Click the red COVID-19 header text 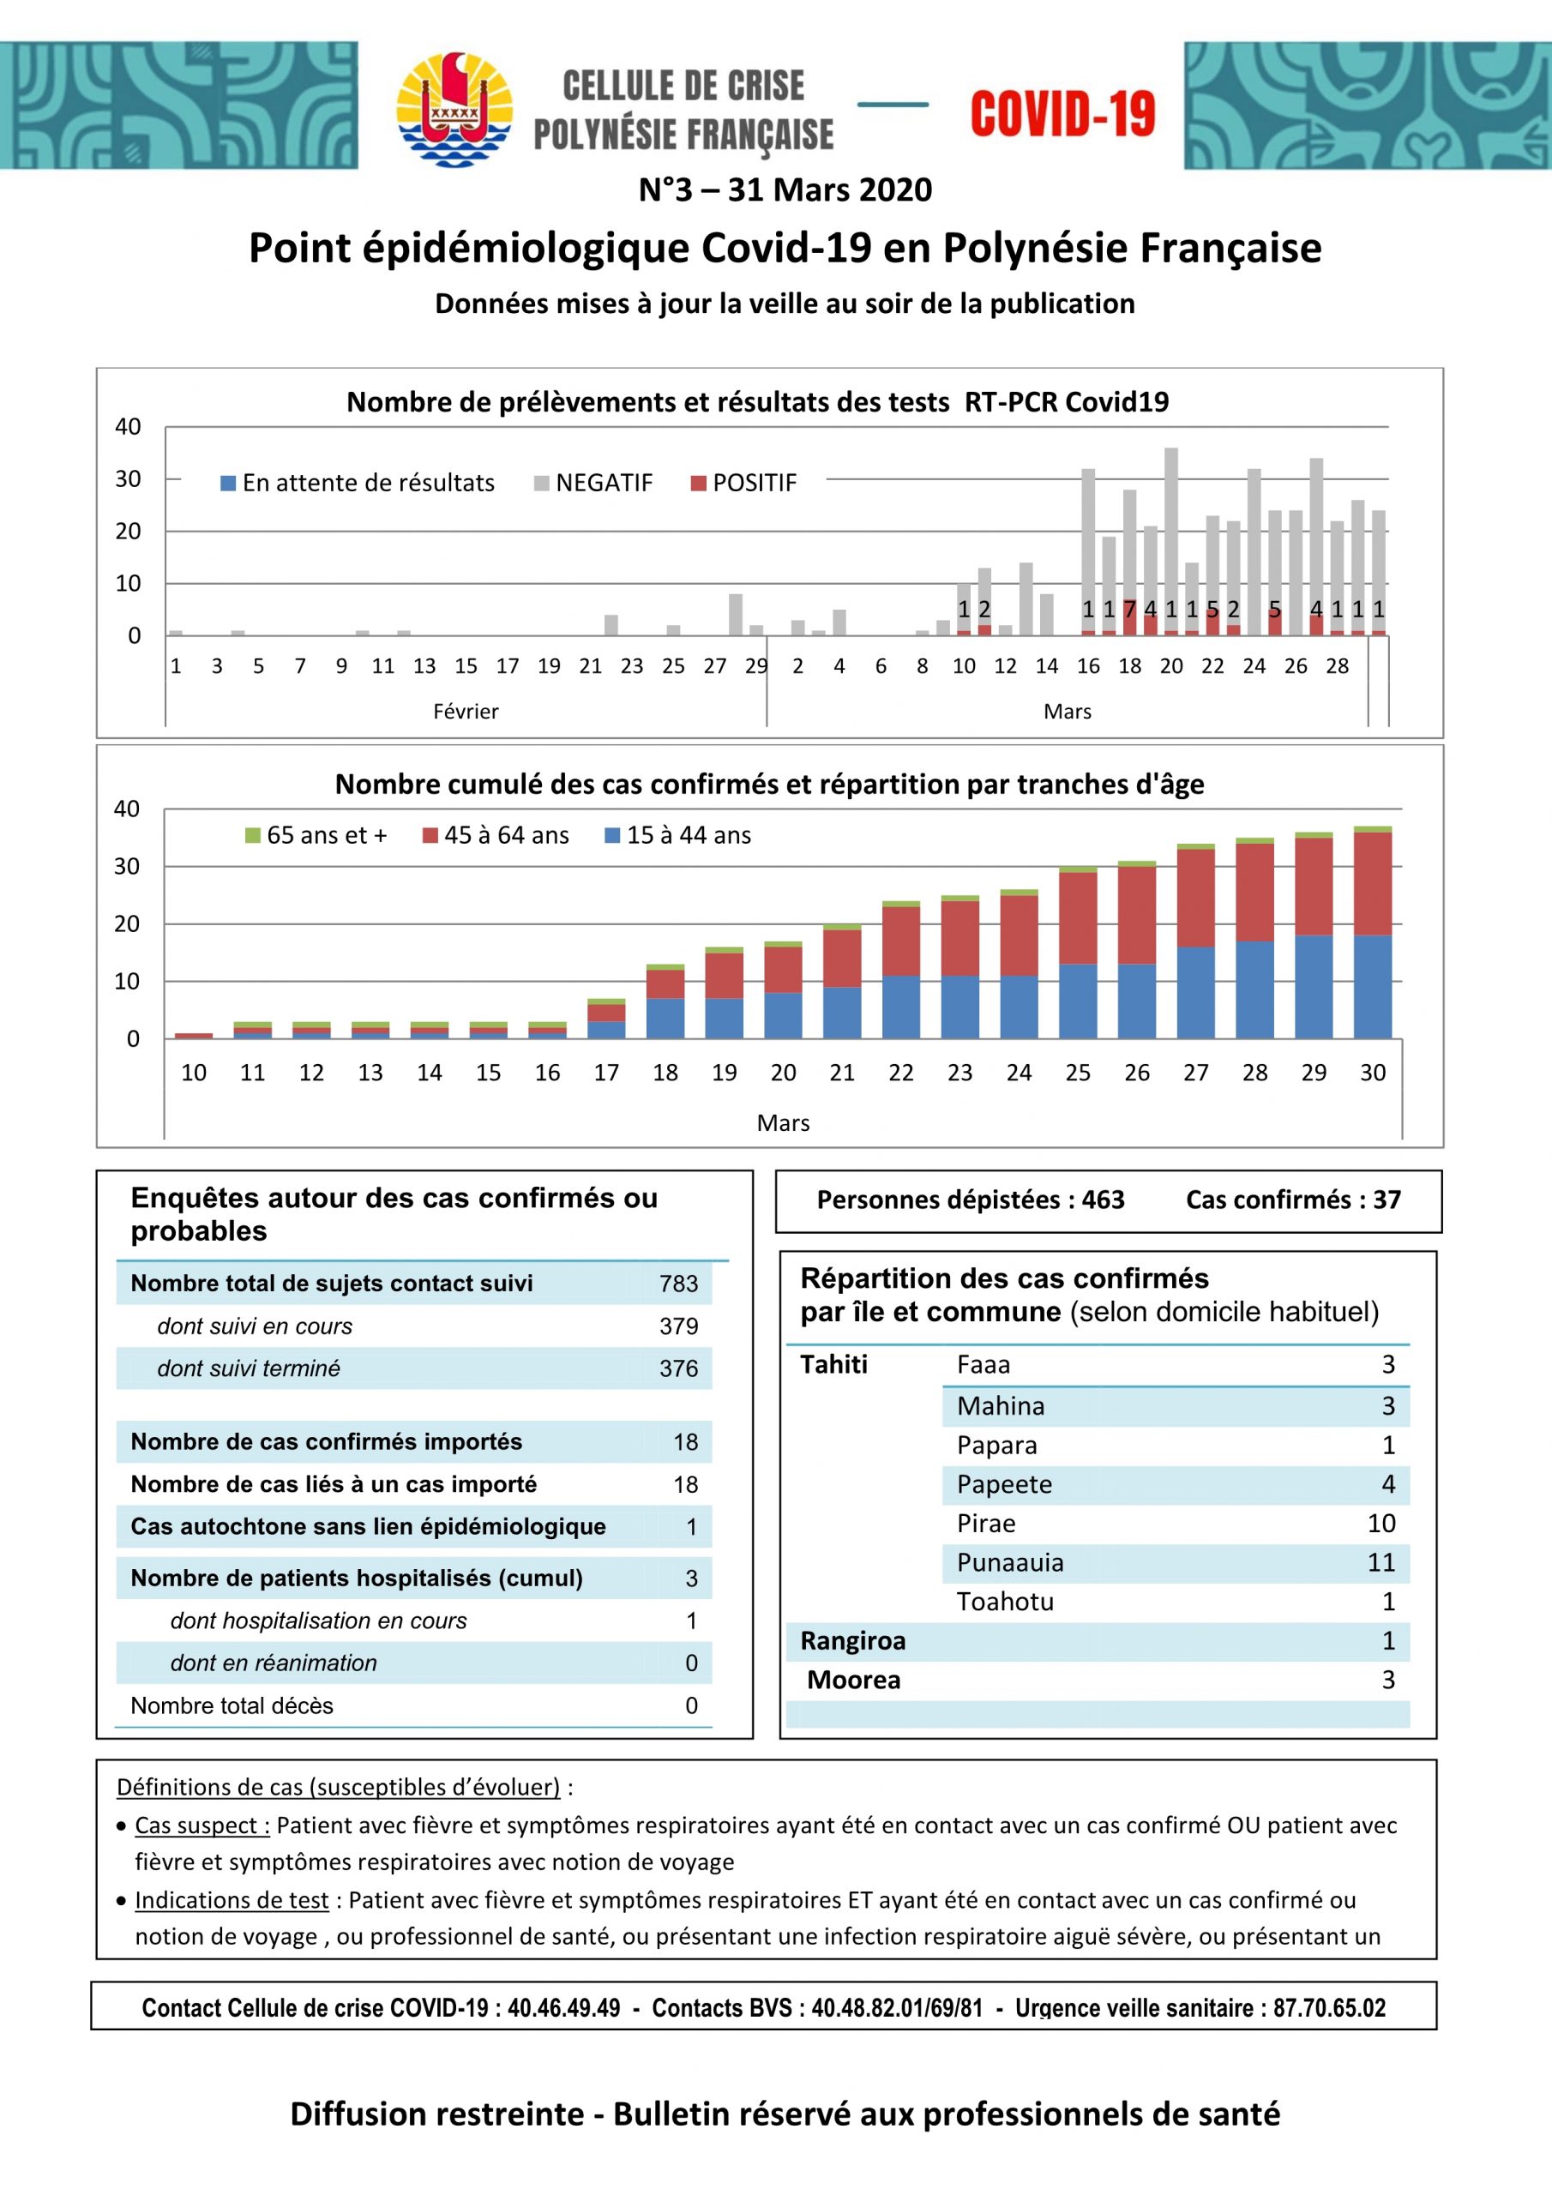[x=1062, y=114]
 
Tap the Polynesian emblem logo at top [x=454, y=109]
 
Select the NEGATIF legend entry [x=593, y=483]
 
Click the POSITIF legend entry [x=744, y=483]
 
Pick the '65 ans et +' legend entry [x=316, y=835]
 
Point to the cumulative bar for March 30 [x=1372, y=932]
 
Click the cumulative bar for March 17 [x=606, y=1018]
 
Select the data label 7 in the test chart [x=1129, y=609]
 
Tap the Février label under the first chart [x=466, y=712]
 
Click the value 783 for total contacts [x=679, y=1284]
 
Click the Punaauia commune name [x=1010, y=1562]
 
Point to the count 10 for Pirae [x=1381, y=1523]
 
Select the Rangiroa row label [x=853, y=1640]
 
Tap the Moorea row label [x=854, y=1680]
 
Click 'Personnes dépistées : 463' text [x=970, y=1200]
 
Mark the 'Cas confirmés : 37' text [x=1293, y=1200]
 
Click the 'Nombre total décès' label [x=232, y=1705]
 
